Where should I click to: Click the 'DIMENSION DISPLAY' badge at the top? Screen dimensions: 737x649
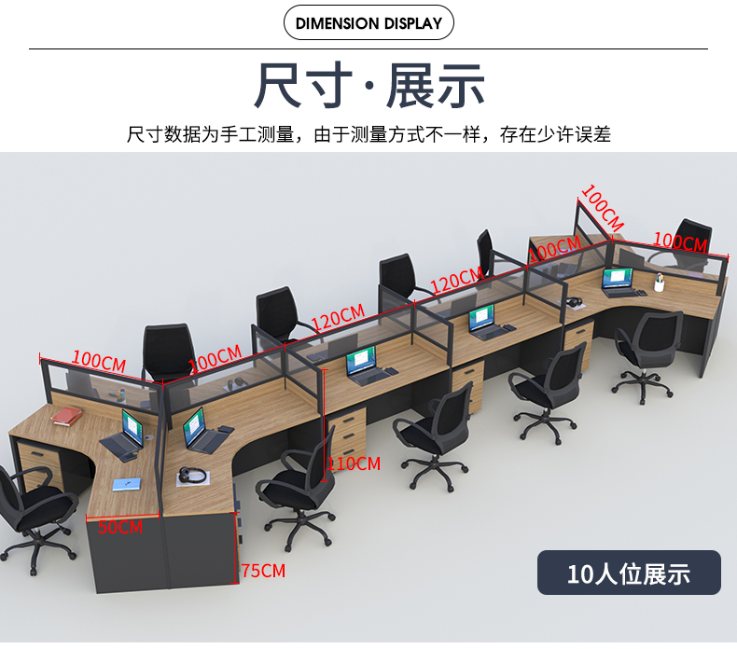(368, 23)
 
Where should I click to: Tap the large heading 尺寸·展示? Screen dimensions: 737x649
(369, 86)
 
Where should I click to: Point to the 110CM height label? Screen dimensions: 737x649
(354, 463)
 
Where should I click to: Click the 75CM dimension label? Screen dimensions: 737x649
(263, 571)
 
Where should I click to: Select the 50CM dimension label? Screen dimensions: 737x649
(120, 527)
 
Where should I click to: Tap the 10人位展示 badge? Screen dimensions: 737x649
(629, 573)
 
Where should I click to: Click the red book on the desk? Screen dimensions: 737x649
(65, 416)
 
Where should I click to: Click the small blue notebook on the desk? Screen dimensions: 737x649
(125, 484)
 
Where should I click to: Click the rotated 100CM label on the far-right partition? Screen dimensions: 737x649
(601, 207)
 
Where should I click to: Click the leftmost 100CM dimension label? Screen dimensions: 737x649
(98, 360)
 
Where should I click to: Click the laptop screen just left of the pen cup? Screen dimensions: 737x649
(617, 277)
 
